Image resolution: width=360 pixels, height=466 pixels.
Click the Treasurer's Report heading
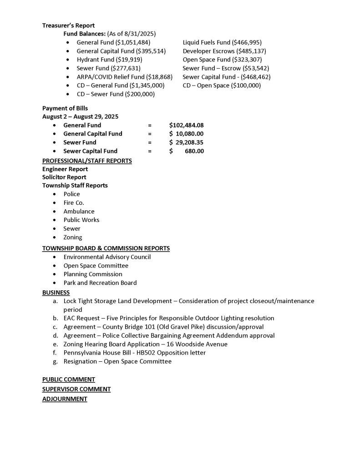[x=68, y=25]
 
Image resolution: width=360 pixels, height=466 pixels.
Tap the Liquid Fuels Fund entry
[x=222, y=42]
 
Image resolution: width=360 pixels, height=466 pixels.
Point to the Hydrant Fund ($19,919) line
[x=109, y=60]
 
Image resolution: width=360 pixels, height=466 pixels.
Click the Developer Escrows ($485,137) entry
[x=224, y=51]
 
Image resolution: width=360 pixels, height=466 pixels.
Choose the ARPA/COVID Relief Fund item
[x=124, y=76]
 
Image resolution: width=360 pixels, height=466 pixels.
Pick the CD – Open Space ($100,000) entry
[x=222, y=85]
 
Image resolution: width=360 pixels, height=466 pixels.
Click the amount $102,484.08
[x=186, y=125]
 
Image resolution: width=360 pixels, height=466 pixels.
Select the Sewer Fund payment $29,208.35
[x=186, y=142]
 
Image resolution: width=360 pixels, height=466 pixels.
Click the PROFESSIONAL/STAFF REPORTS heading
[x=87, y=161]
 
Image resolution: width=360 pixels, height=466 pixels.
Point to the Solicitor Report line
[x=64, y=177]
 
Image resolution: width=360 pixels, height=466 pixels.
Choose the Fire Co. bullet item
[x=74, y=203]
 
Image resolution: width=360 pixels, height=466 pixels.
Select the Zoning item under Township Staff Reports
[x=73, y=237]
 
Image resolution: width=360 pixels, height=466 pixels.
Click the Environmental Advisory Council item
[x=107, y=257]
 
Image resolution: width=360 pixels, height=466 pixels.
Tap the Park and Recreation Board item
[x=100, y=283]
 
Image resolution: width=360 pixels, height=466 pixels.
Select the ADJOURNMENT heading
[x=65, y=399]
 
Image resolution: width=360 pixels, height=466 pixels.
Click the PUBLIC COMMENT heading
[x=69, y=379]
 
